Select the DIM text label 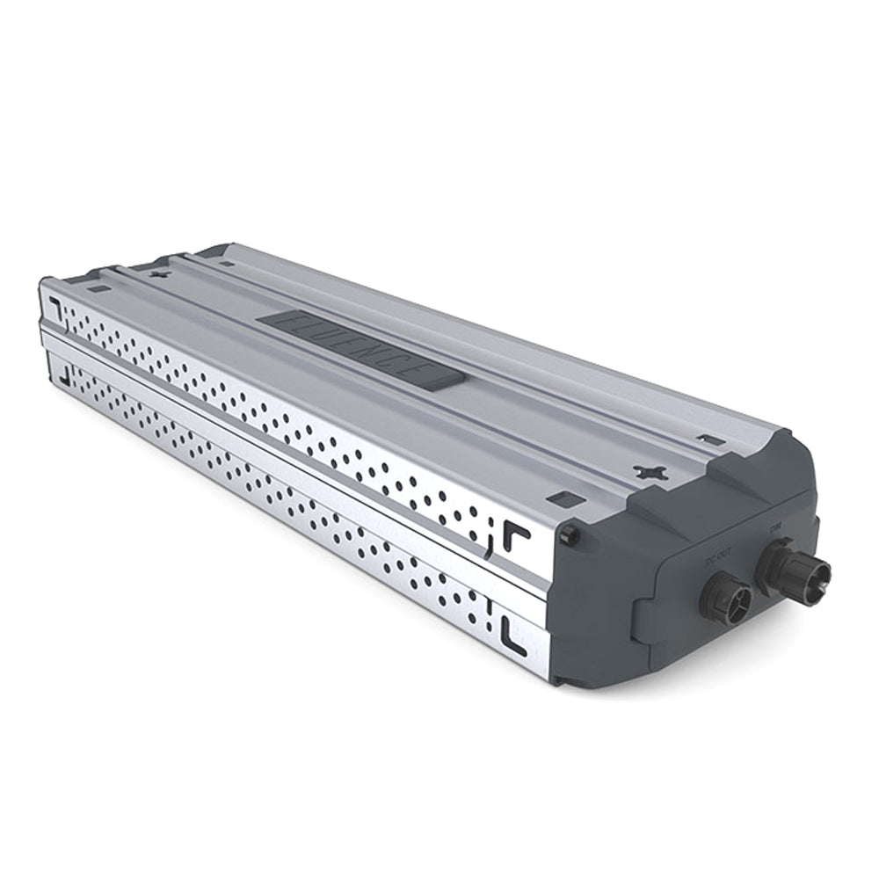(x=775, y=528)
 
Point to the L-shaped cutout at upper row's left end (x=54, y=307)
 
